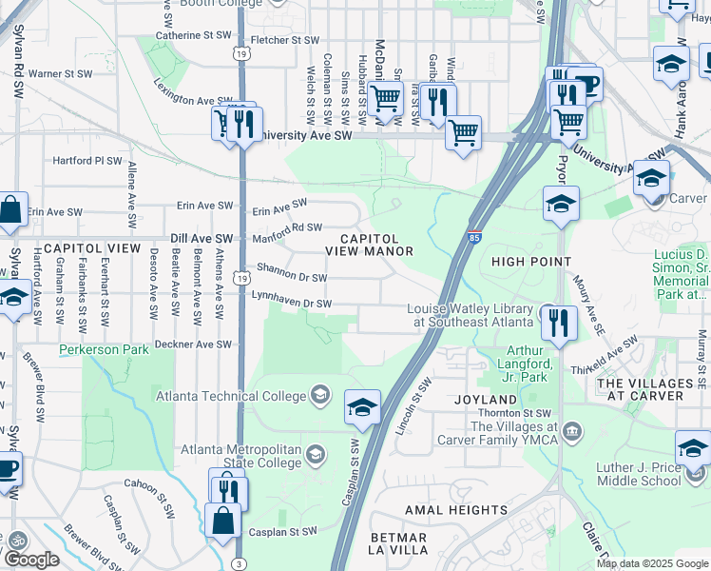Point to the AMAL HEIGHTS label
point(451,510)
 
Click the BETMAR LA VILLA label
point(397,543)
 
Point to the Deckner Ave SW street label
point(198,344)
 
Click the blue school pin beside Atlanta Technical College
point(362,406)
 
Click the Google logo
point(30,560)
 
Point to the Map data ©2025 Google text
point(651,563)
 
